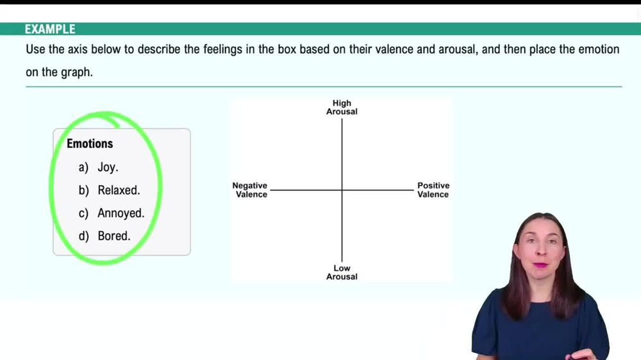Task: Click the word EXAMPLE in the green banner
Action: coord(50,29)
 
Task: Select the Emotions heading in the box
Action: coord(90,143)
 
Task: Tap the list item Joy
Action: coord(108,167)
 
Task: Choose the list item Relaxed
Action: coord(119,190)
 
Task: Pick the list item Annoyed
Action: coord(121,213)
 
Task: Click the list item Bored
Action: coord(114,236)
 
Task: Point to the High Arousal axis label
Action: coord(342,107)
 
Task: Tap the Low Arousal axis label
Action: coord(342,272)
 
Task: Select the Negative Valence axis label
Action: coord(250,190)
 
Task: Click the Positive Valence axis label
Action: coord(433,190)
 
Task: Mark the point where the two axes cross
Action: coord(342,190)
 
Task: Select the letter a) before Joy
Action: coord(83,167)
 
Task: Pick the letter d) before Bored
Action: coord(83,236)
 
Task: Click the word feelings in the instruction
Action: coord(206,49)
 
